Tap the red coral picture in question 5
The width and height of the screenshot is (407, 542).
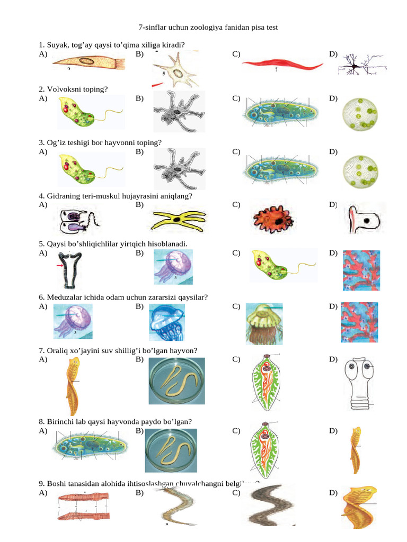360,270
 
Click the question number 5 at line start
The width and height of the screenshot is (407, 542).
41,243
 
